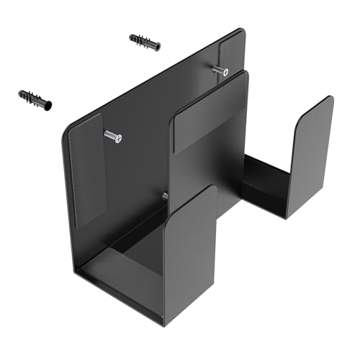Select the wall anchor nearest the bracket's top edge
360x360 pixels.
click(x=145, y=42)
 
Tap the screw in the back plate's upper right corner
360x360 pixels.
click(x=220, y=70)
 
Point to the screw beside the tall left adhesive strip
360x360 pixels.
click(x=113, y=135)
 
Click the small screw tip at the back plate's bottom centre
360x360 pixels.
click(x=165, y=195)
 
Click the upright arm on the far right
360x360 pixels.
click(x=310, y=155)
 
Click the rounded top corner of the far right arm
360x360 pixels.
click(x=328, y=100)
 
